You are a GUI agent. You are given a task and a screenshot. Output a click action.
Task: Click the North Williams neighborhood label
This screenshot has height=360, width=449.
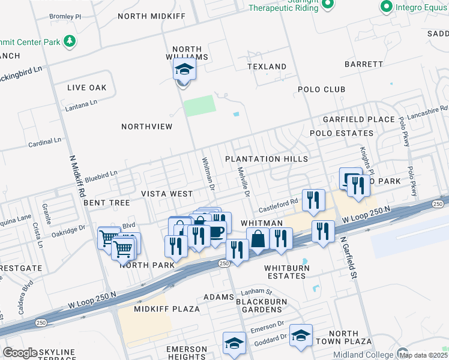pos(190,53)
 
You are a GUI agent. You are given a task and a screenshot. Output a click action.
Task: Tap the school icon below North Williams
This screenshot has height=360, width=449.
pos(184,70)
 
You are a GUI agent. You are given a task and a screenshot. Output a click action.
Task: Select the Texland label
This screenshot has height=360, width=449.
pos(267,67)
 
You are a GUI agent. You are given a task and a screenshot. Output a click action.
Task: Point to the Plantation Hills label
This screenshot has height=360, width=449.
pos(267,159)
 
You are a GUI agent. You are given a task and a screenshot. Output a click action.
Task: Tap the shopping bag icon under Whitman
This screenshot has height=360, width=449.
pos(258,238)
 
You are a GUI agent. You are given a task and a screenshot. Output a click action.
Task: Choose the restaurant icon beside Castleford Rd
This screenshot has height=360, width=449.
pos(313,200)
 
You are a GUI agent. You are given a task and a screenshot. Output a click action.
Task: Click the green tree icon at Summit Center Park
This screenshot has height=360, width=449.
pos(70,41)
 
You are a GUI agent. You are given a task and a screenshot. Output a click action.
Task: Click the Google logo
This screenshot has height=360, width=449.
pos(20,353)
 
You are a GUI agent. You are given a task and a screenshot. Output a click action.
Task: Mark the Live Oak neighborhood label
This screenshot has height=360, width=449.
pos(86,88)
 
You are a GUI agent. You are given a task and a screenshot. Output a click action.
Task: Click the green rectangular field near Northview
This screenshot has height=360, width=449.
pos(199,106)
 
